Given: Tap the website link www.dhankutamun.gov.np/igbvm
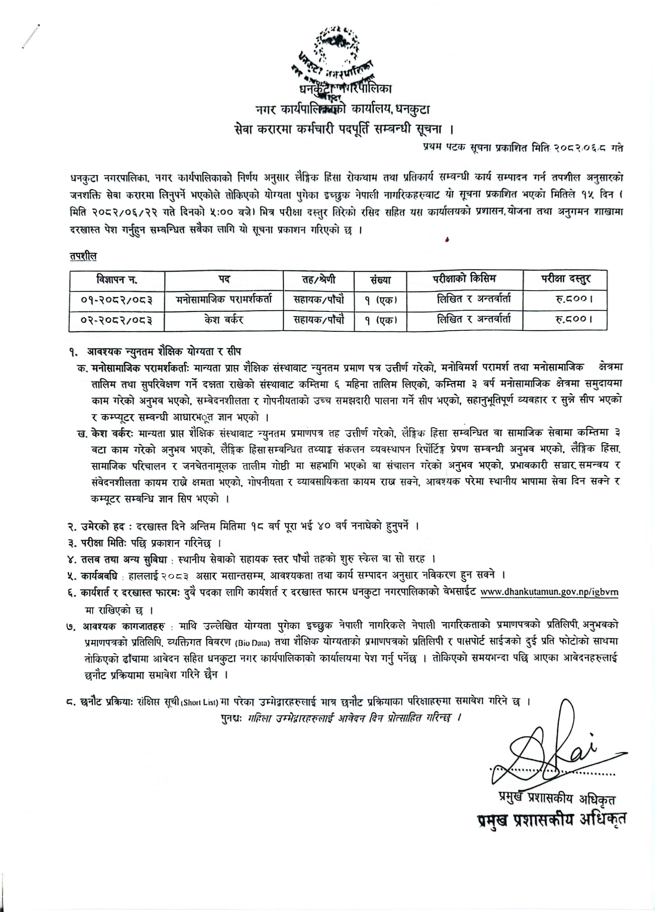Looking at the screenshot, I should pyautogui.click(x=549, y=592).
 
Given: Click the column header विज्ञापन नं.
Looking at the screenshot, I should pyautogui.click(x=117, y=279).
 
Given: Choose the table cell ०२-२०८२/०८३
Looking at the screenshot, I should pyautogui.click(x=117, y=320).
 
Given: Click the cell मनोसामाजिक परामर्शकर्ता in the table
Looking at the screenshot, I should pyautogui.click(x=224, y=299).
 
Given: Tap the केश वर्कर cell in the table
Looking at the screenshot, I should pyautogui.click(x=224, y=320).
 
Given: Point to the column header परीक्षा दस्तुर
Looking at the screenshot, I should pyautogui.click(x=564, y=279).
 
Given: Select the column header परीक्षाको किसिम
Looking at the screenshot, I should pyautogui.click(x=464, y=279).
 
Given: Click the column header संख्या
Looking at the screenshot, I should pyautogui.click(x=380, y=280).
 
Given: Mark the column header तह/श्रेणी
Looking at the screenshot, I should pyautogui.click(x=319, y=279).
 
